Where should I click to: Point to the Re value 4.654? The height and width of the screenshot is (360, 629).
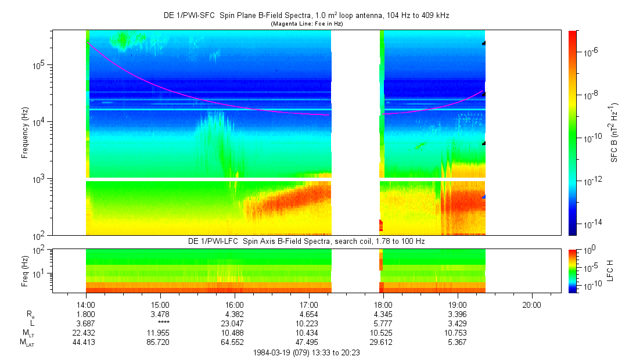pos(309,314)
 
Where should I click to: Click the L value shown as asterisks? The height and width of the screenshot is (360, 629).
pos(160,323)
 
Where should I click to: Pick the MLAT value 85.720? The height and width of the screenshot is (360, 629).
pos(160,343)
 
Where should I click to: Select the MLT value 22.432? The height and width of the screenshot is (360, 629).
pos(86,333)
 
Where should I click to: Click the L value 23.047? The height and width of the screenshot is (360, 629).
pos(235,323)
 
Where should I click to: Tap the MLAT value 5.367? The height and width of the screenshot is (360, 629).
pos(458,343)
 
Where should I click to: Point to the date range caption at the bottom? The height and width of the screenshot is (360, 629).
pos(307,352)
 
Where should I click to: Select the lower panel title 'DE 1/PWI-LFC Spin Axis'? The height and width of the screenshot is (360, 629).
pos(232,241)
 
